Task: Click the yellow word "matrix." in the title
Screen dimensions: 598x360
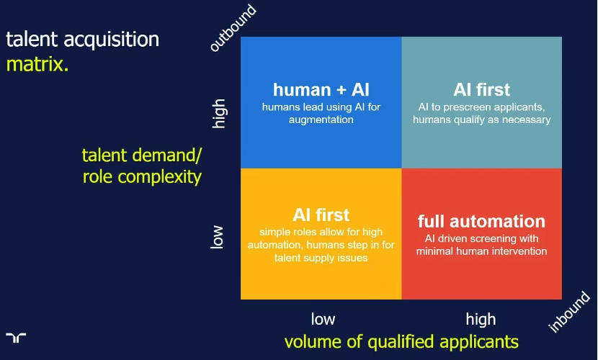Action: tap(37, 64)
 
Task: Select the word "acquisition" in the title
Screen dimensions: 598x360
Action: tap(112, 40)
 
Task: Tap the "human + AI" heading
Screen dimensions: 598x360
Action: tap(321, 90)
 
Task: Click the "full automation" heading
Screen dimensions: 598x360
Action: tap(481, 221)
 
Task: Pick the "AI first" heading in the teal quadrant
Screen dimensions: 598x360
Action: tap(481, 90)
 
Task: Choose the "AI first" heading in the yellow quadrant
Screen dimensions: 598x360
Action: tap(321, 215)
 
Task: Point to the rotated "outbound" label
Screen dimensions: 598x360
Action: tap(233, 27)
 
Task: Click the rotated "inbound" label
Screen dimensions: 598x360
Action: tap(568, 312)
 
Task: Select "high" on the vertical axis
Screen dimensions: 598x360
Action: tap(218, 114)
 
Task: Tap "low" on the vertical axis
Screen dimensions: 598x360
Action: tap(217, 237)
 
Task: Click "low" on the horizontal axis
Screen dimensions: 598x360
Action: tap(323, 319)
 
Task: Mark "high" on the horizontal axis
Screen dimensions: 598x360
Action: tap(481, 319)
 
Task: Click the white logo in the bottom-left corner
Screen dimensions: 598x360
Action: tap(16, 338)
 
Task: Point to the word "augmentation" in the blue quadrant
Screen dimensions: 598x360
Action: tap(321, 120)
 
